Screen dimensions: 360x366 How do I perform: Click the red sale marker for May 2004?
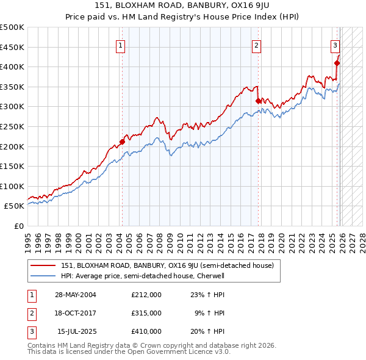point(122,142)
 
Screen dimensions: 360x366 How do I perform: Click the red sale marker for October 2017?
point(258,101)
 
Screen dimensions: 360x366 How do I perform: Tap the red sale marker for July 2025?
point(337,62)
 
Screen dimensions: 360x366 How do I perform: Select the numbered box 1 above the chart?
point(120,45)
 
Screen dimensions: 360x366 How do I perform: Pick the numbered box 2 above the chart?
point(257,45)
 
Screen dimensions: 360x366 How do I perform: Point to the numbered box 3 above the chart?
point(335,45)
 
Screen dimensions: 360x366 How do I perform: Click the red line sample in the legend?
point(43,265)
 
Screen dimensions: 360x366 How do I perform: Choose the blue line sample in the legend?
point(43,276)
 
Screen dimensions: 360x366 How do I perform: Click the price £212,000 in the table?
point(146,295)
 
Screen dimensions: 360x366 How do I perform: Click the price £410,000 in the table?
point(146,331)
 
